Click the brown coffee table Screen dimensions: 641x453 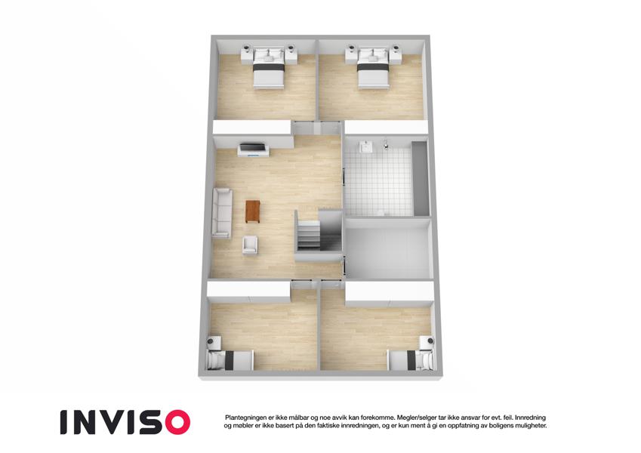click(253, 211)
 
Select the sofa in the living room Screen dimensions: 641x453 click(222, 213)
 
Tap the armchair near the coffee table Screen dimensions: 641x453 click(250, 245)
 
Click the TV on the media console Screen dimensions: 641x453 click(253, 147)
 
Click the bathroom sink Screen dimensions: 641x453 click(365, 146)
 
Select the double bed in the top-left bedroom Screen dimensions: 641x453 click(268, 68)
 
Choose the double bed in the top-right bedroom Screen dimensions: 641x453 click(373, 68)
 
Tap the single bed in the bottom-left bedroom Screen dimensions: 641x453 click(230, 360)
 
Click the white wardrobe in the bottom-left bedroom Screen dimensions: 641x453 click(248, 291)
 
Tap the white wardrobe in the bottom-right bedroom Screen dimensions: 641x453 click(389, 293)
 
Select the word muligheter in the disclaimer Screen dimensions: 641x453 click(530, 426)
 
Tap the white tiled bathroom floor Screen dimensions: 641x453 click(378, 182)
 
